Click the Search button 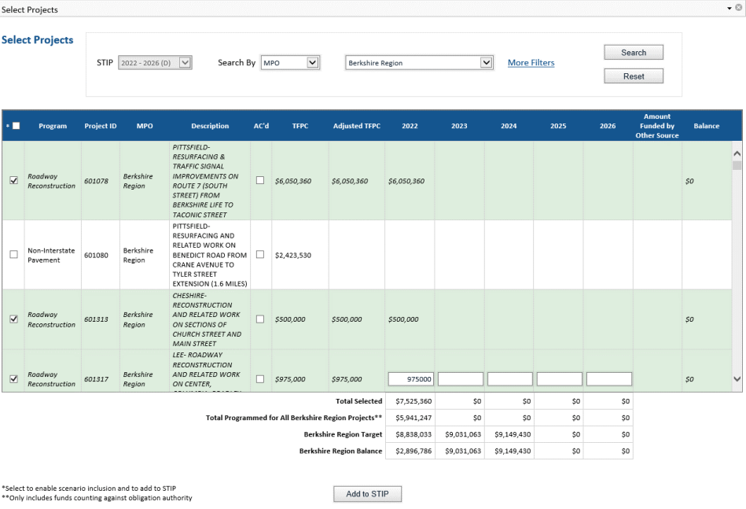(x=633, y=53)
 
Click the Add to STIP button (x=368, y=494)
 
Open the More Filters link (x=531, y=63)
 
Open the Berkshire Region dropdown (x=419, y=63)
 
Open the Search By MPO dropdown (x=290, y=63)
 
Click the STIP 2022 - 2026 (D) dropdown (x=155, y=63)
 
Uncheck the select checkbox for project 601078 (x=13, y=181)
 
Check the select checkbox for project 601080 (x=13, y=255)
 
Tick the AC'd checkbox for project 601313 (x=260, y=319)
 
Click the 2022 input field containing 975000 (x=410, y=379)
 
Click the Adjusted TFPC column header (x=356, y=126)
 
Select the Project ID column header (x=101, y=126)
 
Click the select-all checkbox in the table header (x=16, y=126)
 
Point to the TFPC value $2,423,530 (x=292, y=255)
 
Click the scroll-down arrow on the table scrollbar (x=737, y=379)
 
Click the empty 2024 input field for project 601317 (x=509, y=379)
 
